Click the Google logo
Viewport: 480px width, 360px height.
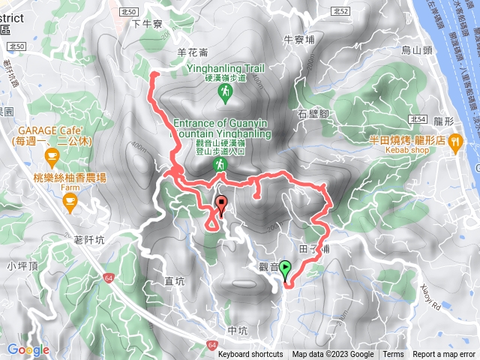click(x=28, y=349)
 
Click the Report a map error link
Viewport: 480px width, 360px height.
click(x=444, y=355)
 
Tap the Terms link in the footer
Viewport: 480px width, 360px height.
click(x=392, y=355)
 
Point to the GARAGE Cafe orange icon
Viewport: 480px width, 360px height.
click(x=51, y=157)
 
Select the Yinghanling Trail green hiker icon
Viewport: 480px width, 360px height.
click(x=224, y=92)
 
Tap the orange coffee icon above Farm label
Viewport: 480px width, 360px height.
click(x=70, y=199)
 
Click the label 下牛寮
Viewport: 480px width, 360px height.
click(x=147, y=24)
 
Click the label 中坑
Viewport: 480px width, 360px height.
click(x=237, y=330)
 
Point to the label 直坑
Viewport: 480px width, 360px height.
click(x=174, y=281)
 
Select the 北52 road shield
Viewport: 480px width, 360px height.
click(x=340, y=11)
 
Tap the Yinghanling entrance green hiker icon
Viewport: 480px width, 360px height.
click(x=220, y=164)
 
